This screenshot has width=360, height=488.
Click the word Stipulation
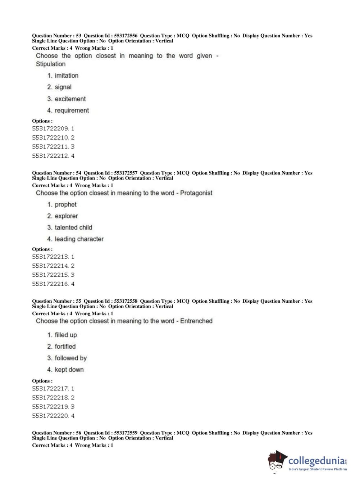tap(51, 64)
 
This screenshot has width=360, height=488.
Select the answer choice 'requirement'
tap(72, 110)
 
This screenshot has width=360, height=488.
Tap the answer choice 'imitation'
tap(67, 76)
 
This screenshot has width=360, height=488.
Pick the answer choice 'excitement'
tap(70, 99)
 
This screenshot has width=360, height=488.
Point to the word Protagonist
tap(196, 193)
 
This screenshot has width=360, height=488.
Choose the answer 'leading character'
tap(79, 239)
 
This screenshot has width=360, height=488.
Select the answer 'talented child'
tap(73, 227)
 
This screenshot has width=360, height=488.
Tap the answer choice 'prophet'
tap(65, 204)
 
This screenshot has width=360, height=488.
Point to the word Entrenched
tap(196, 321)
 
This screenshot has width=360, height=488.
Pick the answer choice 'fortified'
tap(65, 347)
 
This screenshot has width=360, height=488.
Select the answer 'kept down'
tap(69, 370)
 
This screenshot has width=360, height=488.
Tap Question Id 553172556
tap(126, 36)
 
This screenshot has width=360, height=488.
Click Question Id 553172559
tap(126, 433)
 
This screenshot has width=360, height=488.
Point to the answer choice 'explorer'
tap(66, 216)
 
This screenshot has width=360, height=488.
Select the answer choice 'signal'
tap(63, 87)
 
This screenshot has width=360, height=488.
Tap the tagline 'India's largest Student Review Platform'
tap(318, 469)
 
